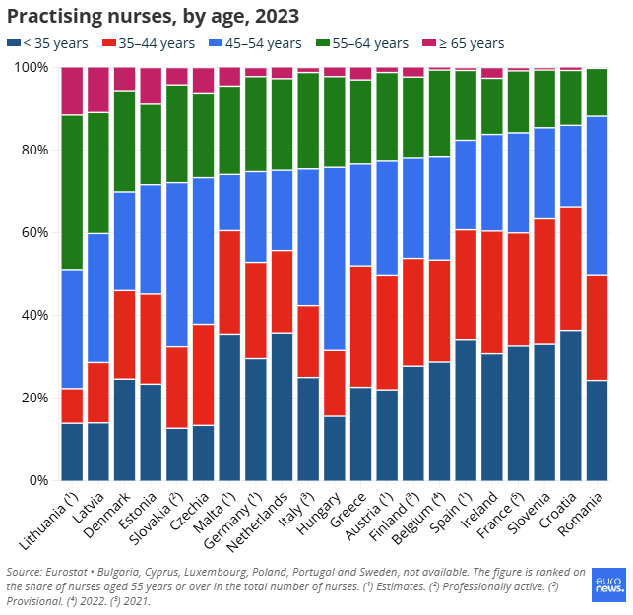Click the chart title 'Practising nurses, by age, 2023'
click(x=153, y=17)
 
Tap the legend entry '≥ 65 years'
click(x=463, y=43)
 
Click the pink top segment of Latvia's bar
click(x=98, y=90)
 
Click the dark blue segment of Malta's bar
click(x=229, y=406)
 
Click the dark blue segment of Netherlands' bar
click(x=282, y=405)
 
